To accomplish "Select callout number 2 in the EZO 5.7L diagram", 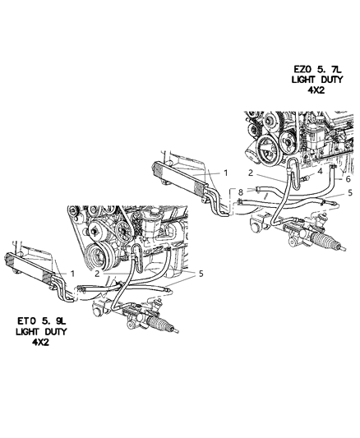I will tap(250, 173).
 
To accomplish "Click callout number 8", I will tap(240, 193).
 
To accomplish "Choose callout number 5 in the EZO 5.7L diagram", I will tap(349, 193).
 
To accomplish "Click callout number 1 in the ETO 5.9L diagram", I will tap(73, 272).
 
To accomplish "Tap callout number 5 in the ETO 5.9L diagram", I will tap(202, 273).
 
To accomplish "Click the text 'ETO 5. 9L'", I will tap(37, 320).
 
